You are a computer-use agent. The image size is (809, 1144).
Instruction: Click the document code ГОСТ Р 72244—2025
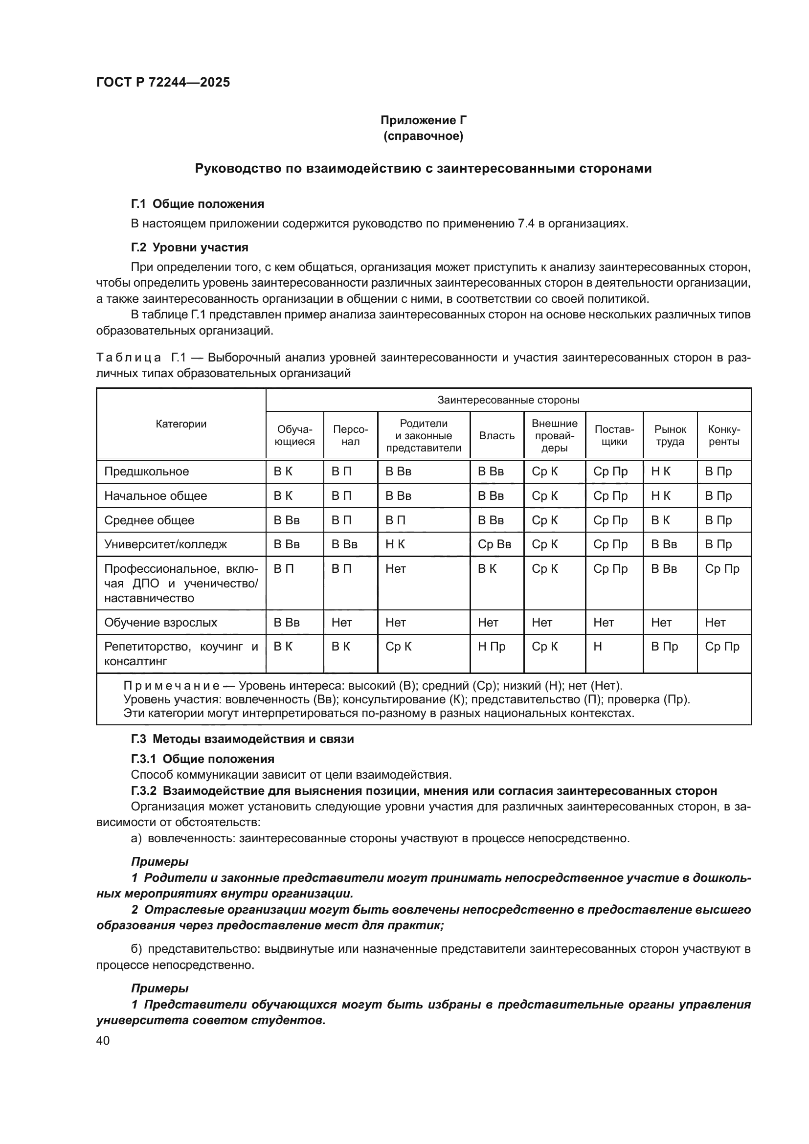coord(163,83)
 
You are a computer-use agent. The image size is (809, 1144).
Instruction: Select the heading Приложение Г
coord(423,120)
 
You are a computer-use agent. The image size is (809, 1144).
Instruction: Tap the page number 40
coord(103,1040)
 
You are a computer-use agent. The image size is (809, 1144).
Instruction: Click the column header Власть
coord(496,435)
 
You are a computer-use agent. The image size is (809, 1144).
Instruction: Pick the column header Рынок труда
coord(670,435)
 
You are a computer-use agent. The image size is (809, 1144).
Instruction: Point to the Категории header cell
coord(181,424)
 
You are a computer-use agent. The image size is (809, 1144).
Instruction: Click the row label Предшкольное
coord(146,471)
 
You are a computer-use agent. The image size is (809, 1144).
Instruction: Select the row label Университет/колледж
coord(165,544)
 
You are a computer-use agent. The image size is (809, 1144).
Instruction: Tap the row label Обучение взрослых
coord(160,622)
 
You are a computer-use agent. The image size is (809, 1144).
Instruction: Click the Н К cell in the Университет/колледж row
coord(395,544)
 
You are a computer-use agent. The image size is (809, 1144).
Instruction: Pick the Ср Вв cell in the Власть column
coord(494,544)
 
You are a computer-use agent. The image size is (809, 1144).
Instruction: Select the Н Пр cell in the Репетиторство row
coord(491,646)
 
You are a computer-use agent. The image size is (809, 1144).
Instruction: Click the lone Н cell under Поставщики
coord(598,646)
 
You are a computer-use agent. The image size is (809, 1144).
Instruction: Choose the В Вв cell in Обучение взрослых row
coord(287,622)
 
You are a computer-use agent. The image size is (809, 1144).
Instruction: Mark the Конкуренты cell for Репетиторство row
coord(722,646)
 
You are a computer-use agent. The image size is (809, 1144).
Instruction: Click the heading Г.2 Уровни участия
coord(189,247)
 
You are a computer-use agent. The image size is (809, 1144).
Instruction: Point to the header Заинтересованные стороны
coord(508,400)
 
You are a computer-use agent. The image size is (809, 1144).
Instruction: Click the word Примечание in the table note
coord(171,686)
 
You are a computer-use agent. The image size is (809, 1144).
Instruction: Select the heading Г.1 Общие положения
coord(197,204)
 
